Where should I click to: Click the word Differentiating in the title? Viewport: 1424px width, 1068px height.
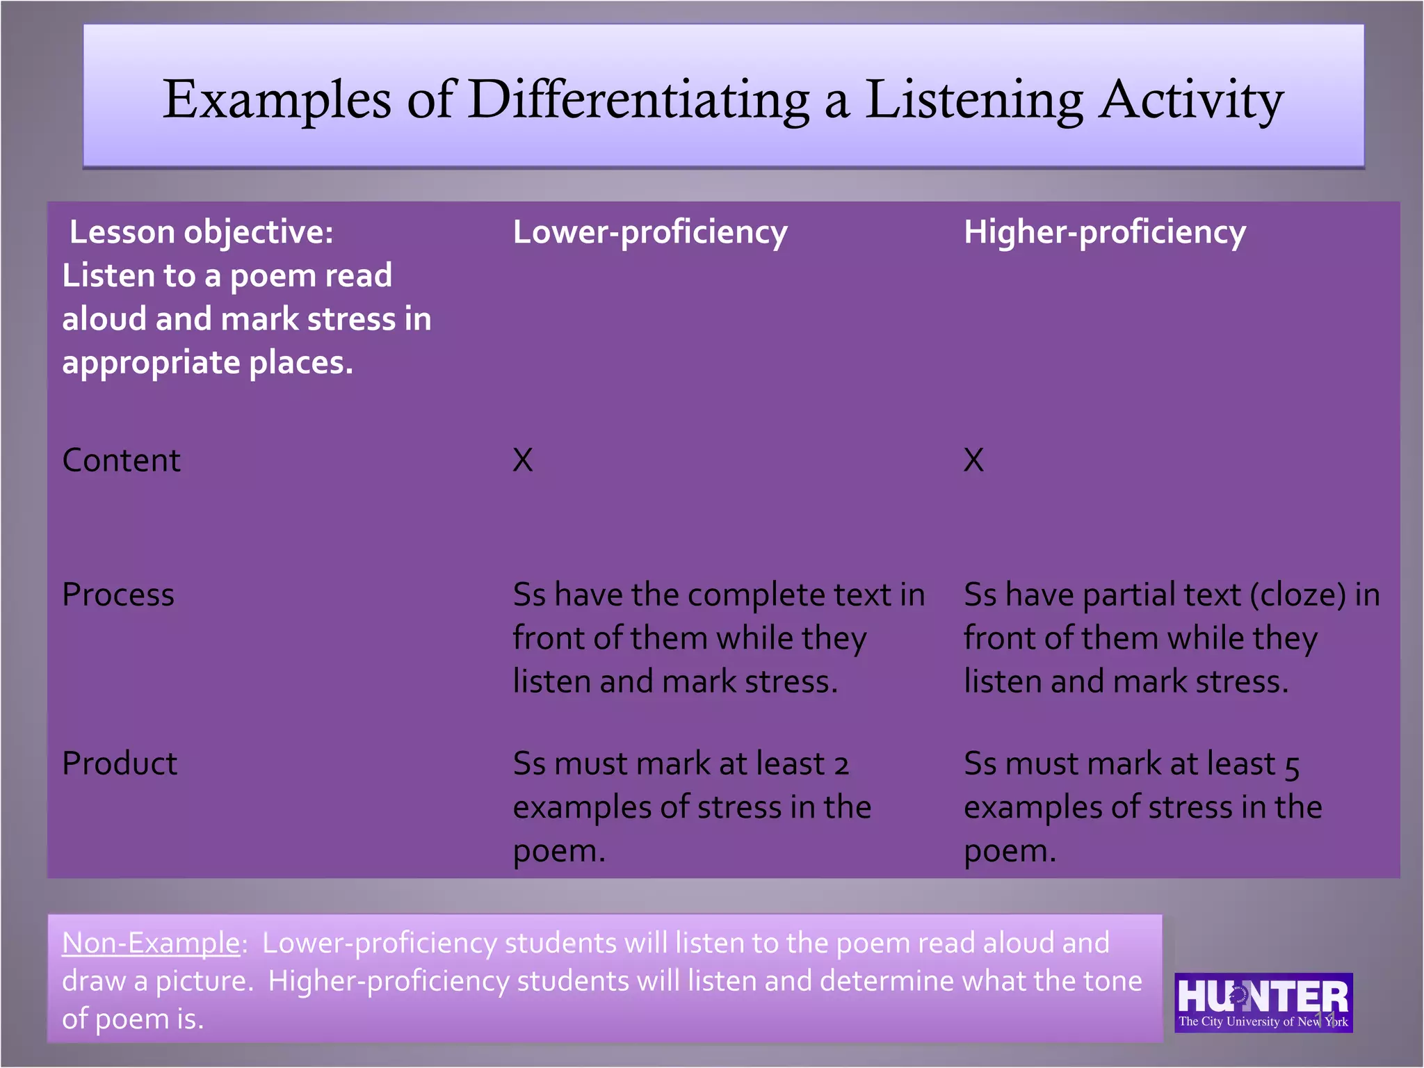pyautogui.click(x=638, y=99)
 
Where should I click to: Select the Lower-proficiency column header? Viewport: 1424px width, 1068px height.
pyautogui.click(x=649, y=232)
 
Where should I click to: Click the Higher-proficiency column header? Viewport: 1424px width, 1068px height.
pyautogui.click(x=1104, y=232)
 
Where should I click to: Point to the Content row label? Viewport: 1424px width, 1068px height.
pyautogui.click(x=121, y=460)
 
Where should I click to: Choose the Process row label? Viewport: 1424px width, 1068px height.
pyautogui.click(x=118, y=594)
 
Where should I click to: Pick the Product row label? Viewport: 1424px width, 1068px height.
pyautogui.click(x=120, y=763)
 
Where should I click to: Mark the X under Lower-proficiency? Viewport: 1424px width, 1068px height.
pyautogui.click(x=523, y=460)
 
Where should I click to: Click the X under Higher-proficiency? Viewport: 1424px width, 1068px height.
pyautogui.click(x=973, y=460)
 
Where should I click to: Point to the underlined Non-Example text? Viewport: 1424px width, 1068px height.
pyautogui.click(x=151, y=944)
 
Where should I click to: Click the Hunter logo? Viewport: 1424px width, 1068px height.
pyautogui.click(x=1263, y=1002)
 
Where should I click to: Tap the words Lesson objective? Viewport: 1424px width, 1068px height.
pyautogui.click(x=201, y=232)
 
